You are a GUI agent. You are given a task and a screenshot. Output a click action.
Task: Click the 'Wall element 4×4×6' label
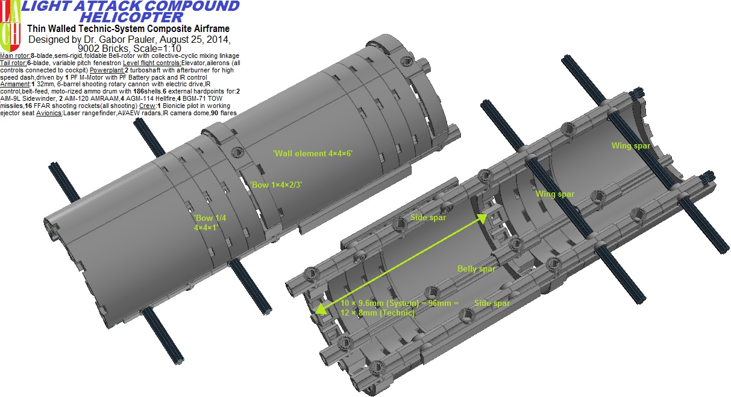coord(312,153)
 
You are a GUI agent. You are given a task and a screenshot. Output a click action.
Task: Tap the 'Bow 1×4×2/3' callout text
coord(275,185)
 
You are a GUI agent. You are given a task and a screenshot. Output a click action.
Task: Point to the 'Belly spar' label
coord(476,269)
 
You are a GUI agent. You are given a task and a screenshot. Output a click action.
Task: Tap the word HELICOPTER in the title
coord(128,17)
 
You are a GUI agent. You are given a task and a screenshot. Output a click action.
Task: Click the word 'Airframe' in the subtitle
coord(209,29)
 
